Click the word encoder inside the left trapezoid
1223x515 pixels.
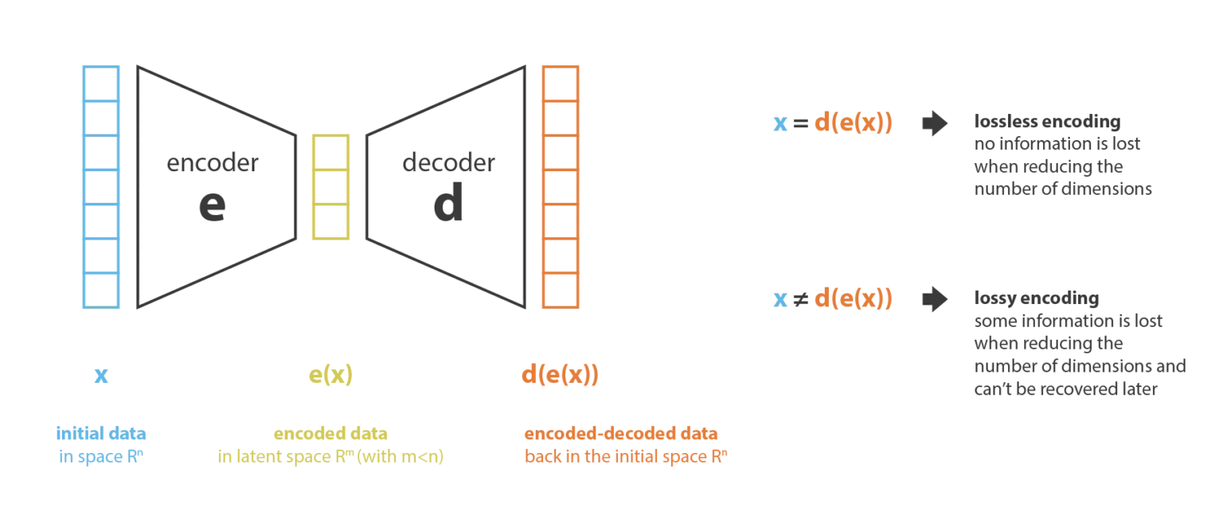coord(213,162)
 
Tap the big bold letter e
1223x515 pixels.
coord(213,205)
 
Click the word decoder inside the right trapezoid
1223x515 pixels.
coord(449,162)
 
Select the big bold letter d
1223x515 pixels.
coord(448,202)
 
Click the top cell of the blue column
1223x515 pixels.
coord(101,84)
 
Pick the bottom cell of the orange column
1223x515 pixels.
coord(561,291)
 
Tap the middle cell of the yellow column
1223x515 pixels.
coord(331,187)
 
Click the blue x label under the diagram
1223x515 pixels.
coord(101,376)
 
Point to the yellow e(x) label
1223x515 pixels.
coord(331,375)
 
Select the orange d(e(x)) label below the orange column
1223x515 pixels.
coord(561,375)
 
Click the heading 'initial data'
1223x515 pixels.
coord(101,433)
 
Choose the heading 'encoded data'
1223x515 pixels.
coord(331,433)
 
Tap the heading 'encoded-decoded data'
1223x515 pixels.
coord(621,433)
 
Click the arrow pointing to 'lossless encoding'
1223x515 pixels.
coord(935,123)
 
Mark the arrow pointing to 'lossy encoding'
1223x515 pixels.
coord(935,299)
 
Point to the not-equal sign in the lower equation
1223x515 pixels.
coord(800,299)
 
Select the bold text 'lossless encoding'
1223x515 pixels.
coord(1047,121)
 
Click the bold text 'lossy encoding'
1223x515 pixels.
coord(1036,298)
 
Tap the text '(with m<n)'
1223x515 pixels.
coord(401,456)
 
